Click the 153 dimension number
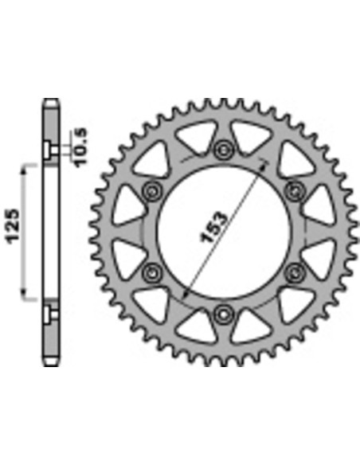[213, 227]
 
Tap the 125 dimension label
[14, 227]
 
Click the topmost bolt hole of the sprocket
[223, 150]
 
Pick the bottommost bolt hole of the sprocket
[223, 315]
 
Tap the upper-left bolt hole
[152, 191]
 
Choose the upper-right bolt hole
[295, 191]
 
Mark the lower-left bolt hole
[152, 273]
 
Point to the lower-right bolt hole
[295, 273]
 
